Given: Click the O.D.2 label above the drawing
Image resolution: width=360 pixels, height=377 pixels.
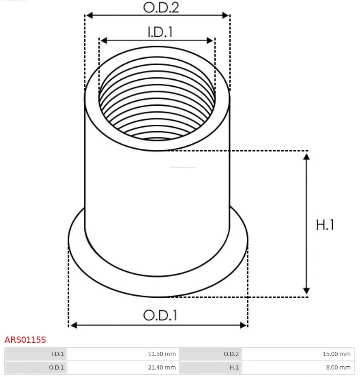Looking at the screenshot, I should click(x=161, y=7).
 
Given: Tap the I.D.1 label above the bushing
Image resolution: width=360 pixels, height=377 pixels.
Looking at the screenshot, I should click(x=160, y=32).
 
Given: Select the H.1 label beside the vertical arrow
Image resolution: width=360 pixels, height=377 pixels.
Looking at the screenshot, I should click(x=325, y=225).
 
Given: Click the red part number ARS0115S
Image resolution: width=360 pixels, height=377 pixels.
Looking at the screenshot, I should click(x=25, y=340).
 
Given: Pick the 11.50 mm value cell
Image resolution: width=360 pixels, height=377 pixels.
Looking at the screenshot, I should click(x=123, y=354).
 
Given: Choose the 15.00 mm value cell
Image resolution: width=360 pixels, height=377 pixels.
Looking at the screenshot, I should click(x=298, y=354).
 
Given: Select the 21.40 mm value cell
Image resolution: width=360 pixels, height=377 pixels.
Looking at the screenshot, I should click(x=123, y=367).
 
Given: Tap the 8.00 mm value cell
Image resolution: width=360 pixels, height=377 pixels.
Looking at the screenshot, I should click(x=298, y=367).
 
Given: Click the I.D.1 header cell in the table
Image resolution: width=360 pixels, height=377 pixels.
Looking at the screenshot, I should click(x=36, y=354).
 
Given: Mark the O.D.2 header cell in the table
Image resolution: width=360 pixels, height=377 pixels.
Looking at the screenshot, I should click(x=211, y=354).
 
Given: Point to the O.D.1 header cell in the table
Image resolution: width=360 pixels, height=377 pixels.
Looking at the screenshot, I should click(x=36, y=367).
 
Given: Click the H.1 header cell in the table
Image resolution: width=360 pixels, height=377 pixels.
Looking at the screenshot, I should click(x=211, y=367).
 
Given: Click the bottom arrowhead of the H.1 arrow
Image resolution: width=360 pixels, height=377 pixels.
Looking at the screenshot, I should click(x=306, y=291).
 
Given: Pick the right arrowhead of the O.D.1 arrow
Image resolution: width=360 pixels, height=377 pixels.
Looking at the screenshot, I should click(x=243, y=325).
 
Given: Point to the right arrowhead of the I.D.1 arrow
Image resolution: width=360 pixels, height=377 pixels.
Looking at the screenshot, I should click(x=210, y=40).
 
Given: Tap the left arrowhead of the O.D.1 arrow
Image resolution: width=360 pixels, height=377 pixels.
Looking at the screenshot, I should click(x=74, y=325).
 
